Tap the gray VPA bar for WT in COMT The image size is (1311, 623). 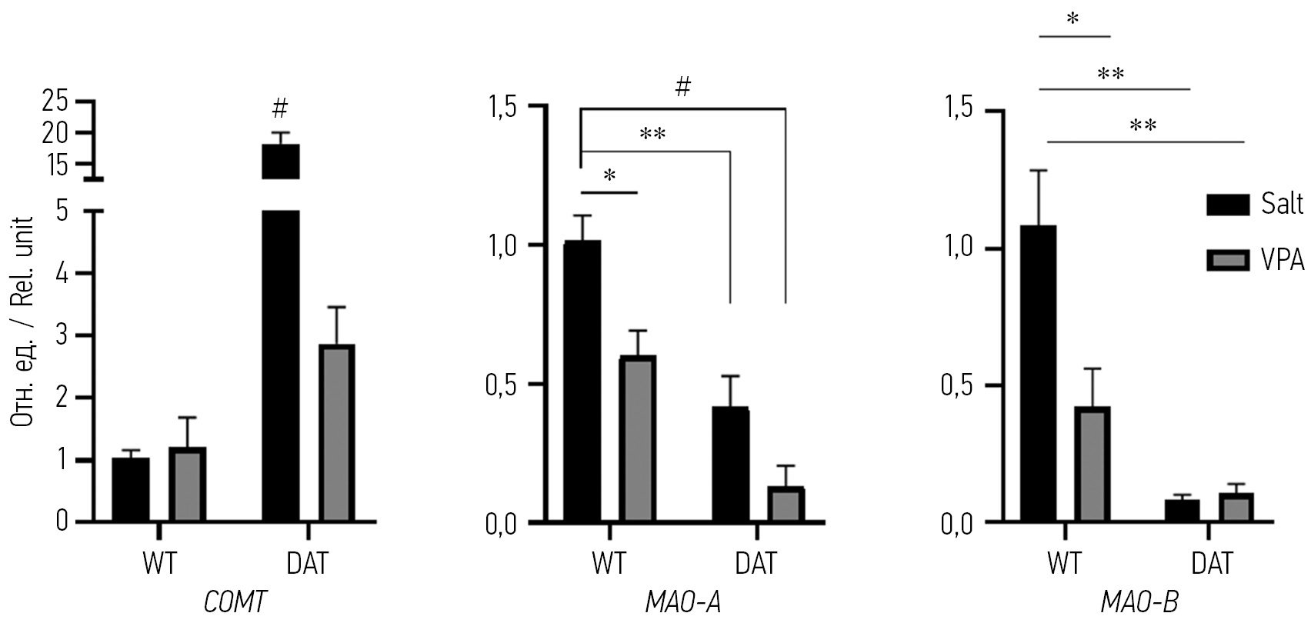188,485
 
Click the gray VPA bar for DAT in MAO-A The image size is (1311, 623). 786,505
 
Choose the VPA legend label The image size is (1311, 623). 1283,262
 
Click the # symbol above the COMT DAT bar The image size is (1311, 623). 279,107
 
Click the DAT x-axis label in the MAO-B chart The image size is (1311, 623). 1212,564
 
